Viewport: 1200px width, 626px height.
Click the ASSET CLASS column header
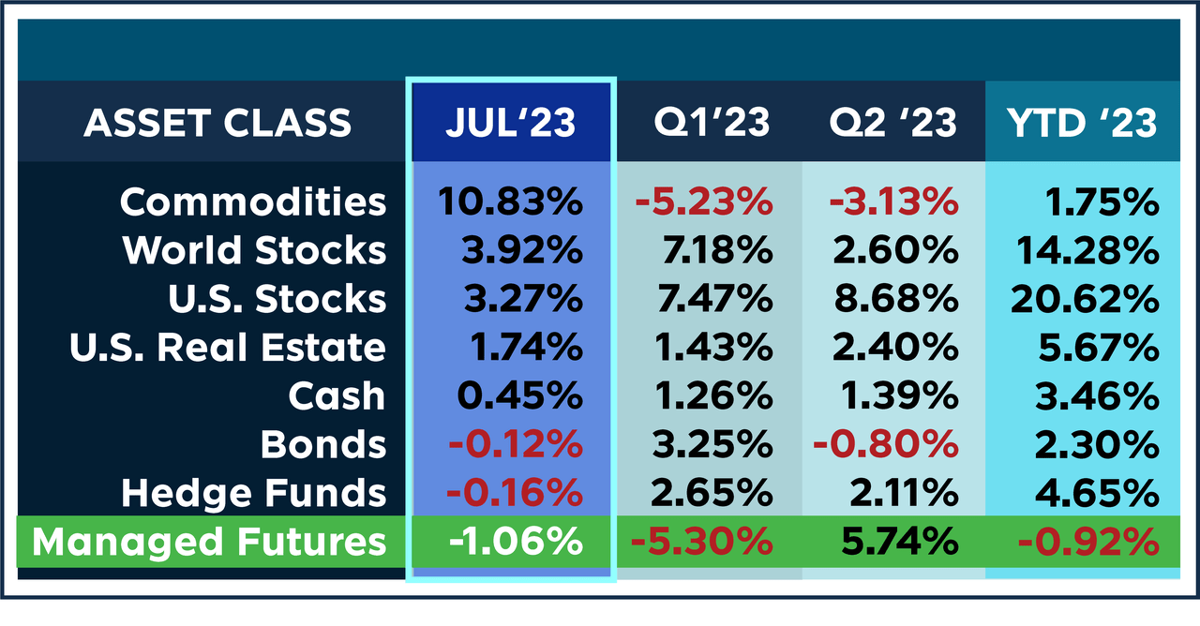coord(217,123)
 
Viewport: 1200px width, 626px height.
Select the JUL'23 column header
coord(511,123)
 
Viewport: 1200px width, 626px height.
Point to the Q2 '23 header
coord(892,123)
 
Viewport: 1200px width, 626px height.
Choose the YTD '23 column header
coord(1080,123)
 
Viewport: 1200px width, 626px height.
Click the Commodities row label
coord(253,201)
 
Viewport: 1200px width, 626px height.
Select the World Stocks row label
coord(254,250)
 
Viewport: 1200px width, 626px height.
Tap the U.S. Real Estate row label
coord(228,348)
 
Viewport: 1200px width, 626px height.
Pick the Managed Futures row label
coord(208,541)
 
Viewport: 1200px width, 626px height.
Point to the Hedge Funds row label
coord(254,492)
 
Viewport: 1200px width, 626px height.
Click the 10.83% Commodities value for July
coord(510,201)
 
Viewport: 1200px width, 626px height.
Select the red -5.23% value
coord(702,201)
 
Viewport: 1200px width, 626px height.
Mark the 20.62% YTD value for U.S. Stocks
coord(1085,299)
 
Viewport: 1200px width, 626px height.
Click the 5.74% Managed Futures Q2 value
coord(893,541)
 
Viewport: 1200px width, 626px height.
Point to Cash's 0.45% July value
coord(519,395)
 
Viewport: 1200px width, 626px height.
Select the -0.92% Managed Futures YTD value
coord(1084,541)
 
